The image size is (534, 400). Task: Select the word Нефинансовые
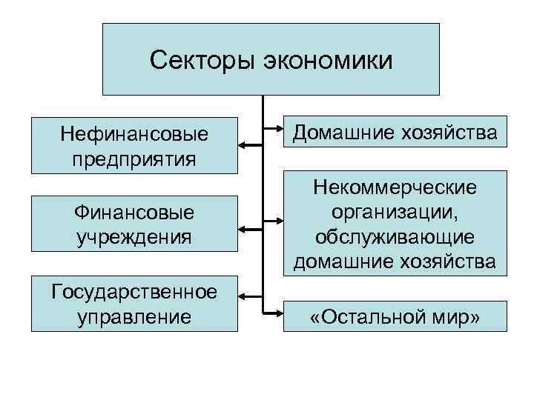click(x=134, y=135)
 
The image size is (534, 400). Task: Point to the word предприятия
click(x=134, y=159)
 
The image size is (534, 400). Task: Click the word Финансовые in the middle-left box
click(x=134, y=213)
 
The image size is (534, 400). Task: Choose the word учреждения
click(x=134, y=237)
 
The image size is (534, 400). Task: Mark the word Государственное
click(x=134, y=291)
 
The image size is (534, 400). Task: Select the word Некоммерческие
click(x=395, y=189)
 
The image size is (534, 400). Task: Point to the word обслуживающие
click(x=395, y=236)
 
